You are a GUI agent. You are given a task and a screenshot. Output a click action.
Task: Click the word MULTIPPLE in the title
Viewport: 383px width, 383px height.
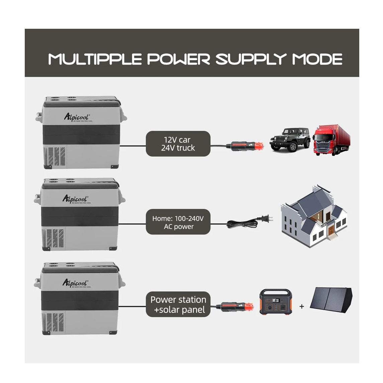click(x=95, y=59)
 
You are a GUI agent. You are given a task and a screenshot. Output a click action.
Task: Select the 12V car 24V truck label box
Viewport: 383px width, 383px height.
click(x=178, y=144)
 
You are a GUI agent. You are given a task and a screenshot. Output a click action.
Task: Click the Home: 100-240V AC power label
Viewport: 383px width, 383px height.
click(x=178, y=222)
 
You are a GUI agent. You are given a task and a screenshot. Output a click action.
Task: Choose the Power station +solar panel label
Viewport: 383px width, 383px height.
click(x=178, y=304)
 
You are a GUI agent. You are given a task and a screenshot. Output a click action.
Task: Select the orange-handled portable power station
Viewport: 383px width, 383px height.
click(x=275, y=302)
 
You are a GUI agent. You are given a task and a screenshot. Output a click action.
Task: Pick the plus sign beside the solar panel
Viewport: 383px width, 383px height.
click(x=302, y=306)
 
